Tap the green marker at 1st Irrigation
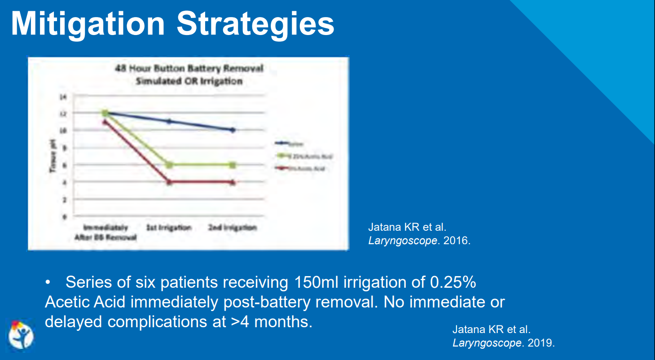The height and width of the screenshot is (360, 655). click(169, 165)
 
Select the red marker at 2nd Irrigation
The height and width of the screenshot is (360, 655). click(233, 182)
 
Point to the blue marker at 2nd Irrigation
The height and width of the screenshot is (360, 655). click(233, 130)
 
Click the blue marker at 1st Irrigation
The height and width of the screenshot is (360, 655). click(169, 121)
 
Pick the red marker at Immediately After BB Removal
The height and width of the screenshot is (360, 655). click(105, 122)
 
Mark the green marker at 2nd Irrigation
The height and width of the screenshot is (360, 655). click(233, 165)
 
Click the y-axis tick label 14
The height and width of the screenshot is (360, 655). click(63, 97)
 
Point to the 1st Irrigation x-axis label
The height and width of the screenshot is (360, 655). click(169, 228)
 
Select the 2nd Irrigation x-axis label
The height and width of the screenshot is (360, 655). click(232, 228)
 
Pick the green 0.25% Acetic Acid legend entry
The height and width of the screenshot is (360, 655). click(305, 156)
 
